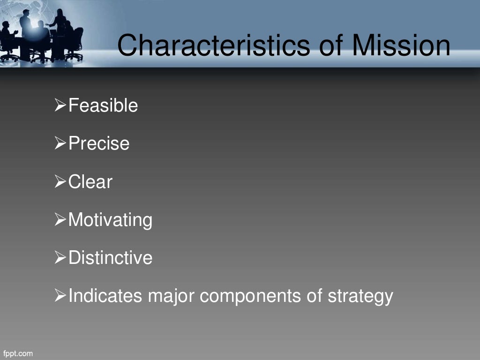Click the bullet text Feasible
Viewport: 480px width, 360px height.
click(103, 105)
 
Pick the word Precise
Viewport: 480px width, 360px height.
click(99, 143)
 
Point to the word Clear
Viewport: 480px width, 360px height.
click(90, 181)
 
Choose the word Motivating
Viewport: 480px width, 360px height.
click(110, 220)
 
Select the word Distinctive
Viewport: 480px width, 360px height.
click(110, 258)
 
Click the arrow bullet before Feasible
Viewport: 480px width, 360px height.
click(60, 106)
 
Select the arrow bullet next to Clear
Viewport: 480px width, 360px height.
click(60, 182)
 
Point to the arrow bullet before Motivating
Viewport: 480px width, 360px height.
click(60, 220)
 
